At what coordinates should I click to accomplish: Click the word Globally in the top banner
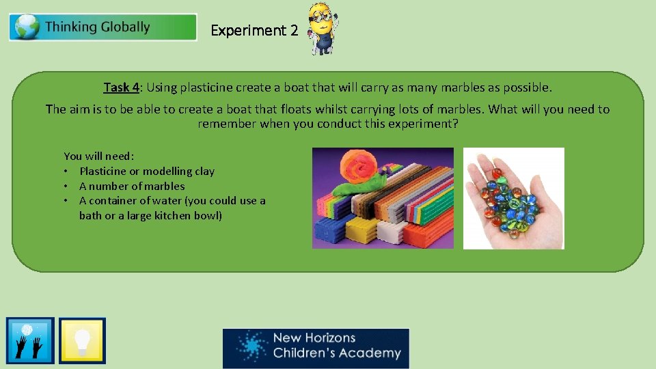125,27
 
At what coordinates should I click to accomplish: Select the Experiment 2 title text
254,31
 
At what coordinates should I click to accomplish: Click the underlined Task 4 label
122,87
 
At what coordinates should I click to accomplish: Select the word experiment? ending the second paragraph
427,124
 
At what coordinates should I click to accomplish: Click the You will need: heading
99,156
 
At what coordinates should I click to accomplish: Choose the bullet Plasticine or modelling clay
146,172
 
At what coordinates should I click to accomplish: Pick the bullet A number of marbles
131,186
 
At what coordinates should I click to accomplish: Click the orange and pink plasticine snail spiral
359,166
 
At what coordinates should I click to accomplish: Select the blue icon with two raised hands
30,340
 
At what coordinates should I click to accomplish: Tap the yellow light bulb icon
82,340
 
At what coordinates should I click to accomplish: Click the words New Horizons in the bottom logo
314,338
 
